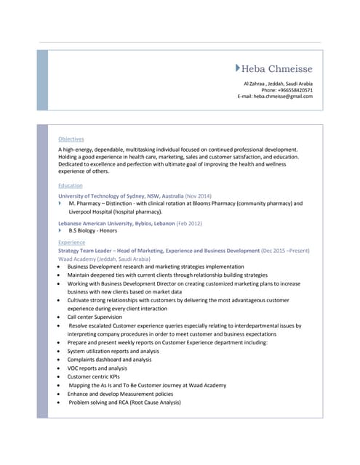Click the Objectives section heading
(x=71, y=139)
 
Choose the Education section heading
(x=71, y=185)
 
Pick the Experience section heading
(x=71, y=242)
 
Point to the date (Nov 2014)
(x=199, y=196)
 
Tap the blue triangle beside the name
(x=238, y=68)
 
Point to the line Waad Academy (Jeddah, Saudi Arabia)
(x=104, y=259)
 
